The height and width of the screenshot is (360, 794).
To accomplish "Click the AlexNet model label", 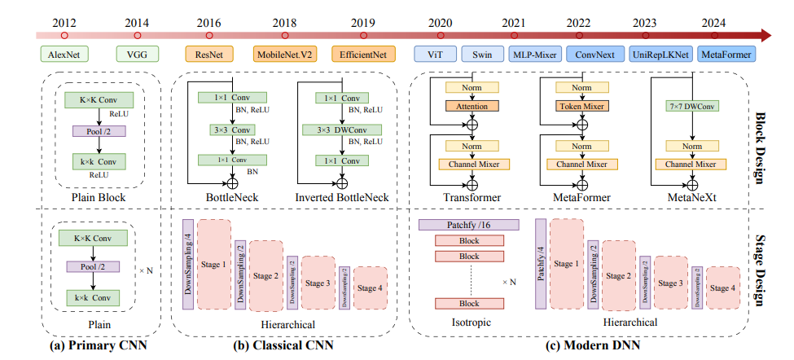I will pyautogui.click(x=64, y=55).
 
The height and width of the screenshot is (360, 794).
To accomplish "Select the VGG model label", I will pyautogui.click(x=137, y=55).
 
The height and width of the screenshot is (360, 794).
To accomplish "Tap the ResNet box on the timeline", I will pyautogui.click(x=209, y=55).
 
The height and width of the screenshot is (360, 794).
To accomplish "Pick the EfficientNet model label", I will pyautogui.click(x=363, y=55).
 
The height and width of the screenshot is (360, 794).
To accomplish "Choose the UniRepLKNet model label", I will pyautogui.click(x=660, y=55).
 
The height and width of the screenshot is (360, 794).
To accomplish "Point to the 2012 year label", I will pyautogui.click(x=64, y=24).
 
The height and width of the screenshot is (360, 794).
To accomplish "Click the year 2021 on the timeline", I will pyautogui.click(x=514, y=24).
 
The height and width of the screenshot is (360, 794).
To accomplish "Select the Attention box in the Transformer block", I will pyautogui.click(x=472, y=106).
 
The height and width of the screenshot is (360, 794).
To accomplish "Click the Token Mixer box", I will pyautogui.click(x=582, y=106).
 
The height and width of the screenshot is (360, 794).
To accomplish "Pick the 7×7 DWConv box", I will pyautogui.click(x=691, y=106).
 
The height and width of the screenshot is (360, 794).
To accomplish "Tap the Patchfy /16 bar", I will pyautogui.click(x=468, y=224).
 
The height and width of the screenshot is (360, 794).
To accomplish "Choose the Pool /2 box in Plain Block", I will pyautogui.click(x=97, y=130).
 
